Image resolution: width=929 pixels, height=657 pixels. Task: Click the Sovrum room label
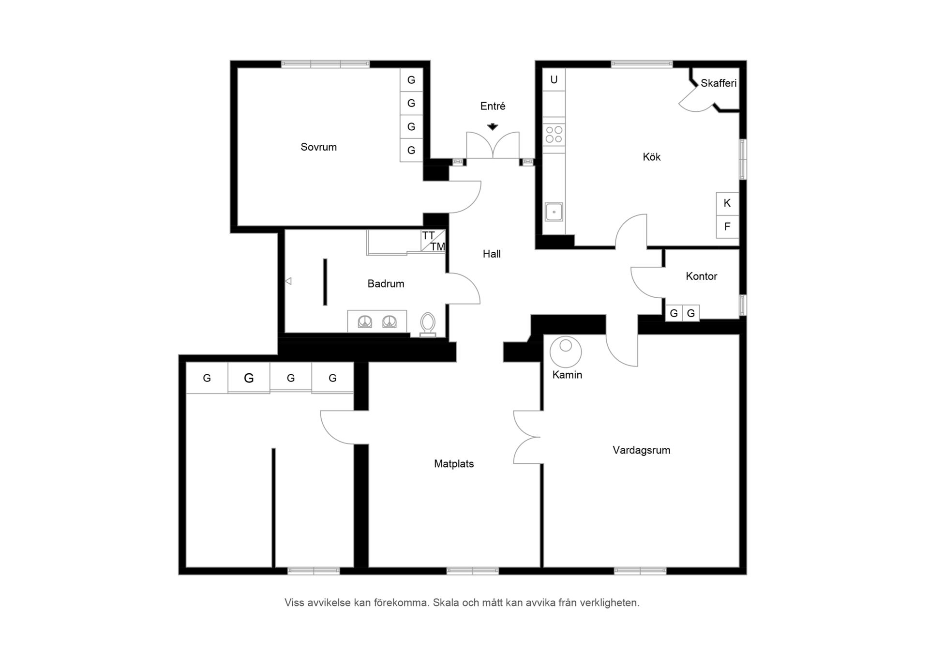318,147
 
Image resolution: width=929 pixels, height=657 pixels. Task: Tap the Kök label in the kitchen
651,157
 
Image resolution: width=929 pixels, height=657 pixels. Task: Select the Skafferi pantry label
719,83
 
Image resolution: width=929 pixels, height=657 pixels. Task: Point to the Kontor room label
701,276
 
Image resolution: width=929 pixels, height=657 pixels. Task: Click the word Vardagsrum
641,450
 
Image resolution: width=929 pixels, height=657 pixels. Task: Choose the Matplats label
454,464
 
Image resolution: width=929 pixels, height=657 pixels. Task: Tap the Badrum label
386,284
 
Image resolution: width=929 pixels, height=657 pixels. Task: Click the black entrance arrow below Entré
493,127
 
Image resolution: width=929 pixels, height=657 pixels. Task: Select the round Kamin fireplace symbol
566,352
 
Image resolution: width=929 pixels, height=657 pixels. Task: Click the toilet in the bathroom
428,324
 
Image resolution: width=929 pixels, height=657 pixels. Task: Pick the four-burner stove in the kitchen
554,135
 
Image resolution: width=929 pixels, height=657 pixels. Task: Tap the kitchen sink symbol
554,212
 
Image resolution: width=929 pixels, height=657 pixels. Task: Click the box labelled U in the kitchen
554,80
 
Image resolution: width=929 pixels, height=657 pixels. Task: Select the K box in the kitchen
727,204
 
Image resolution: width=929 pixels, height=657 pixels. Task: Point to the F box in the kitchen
727,227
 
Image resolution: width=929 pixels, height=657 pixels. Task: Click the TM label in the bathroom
437,247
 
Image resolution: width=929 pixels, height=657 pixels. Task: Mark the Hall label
492,254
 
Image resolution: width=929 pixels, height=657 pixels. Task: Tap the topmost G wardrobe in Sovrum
411,80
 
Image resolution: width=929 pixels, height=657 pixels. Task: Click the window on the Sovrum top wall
326,64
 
